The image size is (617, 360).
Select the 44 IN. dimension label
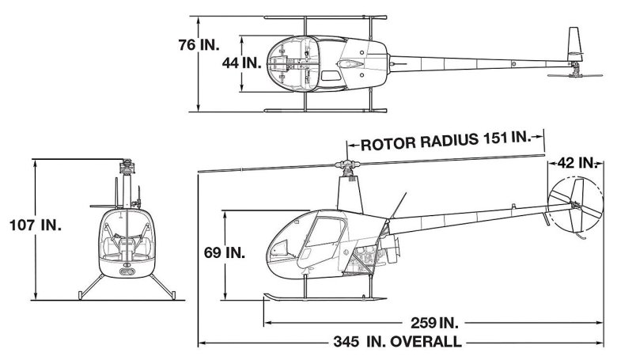tap(242, 63)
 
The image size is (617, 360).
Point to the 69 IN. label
tap(225, 252)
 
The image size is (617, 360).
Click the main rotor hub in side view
tap(347, 167)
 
